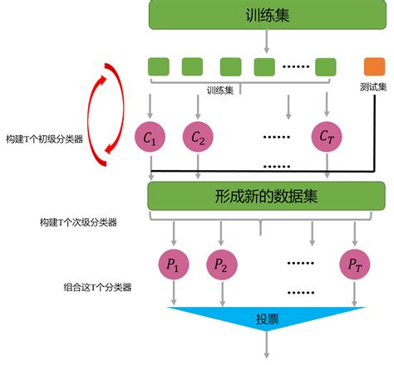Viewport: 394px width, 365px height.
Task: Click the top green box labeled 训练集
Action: (x=266, y=14)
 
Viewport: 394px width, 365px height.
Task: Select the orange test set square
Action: (x=372, y=65)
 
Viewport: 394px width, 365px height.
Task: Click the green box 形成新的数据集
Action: (x=266, y=197)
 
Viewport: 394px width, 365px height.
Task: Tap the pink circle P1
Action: (x=174, y=265)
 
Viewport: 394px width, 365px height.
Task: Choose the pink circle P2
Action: (x=221, y=265)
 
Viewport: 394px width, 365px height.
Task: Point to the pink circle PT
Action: (x=354, y=265)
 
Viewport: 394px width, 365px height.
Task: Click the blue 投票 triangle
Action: (x=266, y=320)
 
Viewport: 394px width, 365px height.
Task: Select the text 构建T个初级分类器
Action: (x=43, y=139)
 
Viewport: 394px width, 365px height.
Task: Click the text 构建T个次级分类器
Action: (x=78, y=221)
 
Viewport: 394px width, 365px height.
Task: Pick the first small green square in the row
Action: (x=157, y=65)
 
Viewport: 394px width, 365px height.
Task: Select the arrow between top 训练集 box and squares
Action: (x=266, y=39)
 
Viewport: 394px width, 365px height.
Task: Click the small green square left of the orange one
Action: (x=326, y=65)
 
